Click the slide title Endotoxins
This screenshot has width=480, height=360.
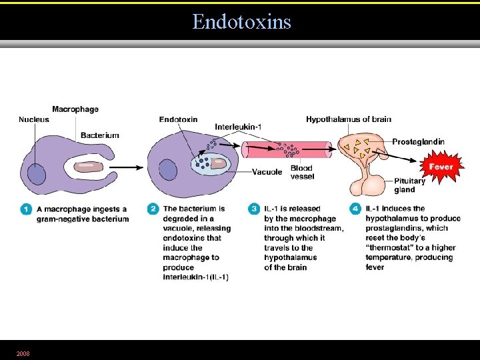coord(241,22)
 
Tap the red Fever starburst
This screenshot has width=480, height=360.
coord(441,166)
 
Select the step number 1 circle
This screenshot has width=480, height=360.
coord(26,209)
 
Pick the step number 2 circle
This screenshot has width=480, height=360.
coord(152,209)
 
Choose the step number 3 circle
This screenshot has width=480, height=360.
coord(254,209)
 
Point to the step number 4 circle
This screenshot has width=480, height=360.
coord(355,209)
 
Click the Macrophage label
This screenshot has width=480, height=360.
coord(75,109)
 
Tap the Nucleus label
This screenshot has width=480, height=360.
coord(34,120)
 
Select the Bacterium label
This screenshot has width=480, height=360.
coord(99,135)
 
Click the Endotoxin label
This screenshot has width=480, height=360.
coord(178,120)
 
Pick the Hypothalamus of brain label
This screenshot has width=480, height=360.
coord(349,120)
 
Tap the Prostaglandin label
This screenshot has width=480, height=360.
coord(418,142)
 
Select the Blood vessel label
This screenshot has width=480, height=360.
coord(301,173)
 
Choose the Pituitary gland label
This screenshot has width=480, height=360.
coord(409,185)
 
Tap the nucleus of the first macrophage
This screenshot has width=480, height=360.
coord(37,175)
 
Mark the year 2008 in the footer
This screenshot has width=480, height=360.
coord(23,353)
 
